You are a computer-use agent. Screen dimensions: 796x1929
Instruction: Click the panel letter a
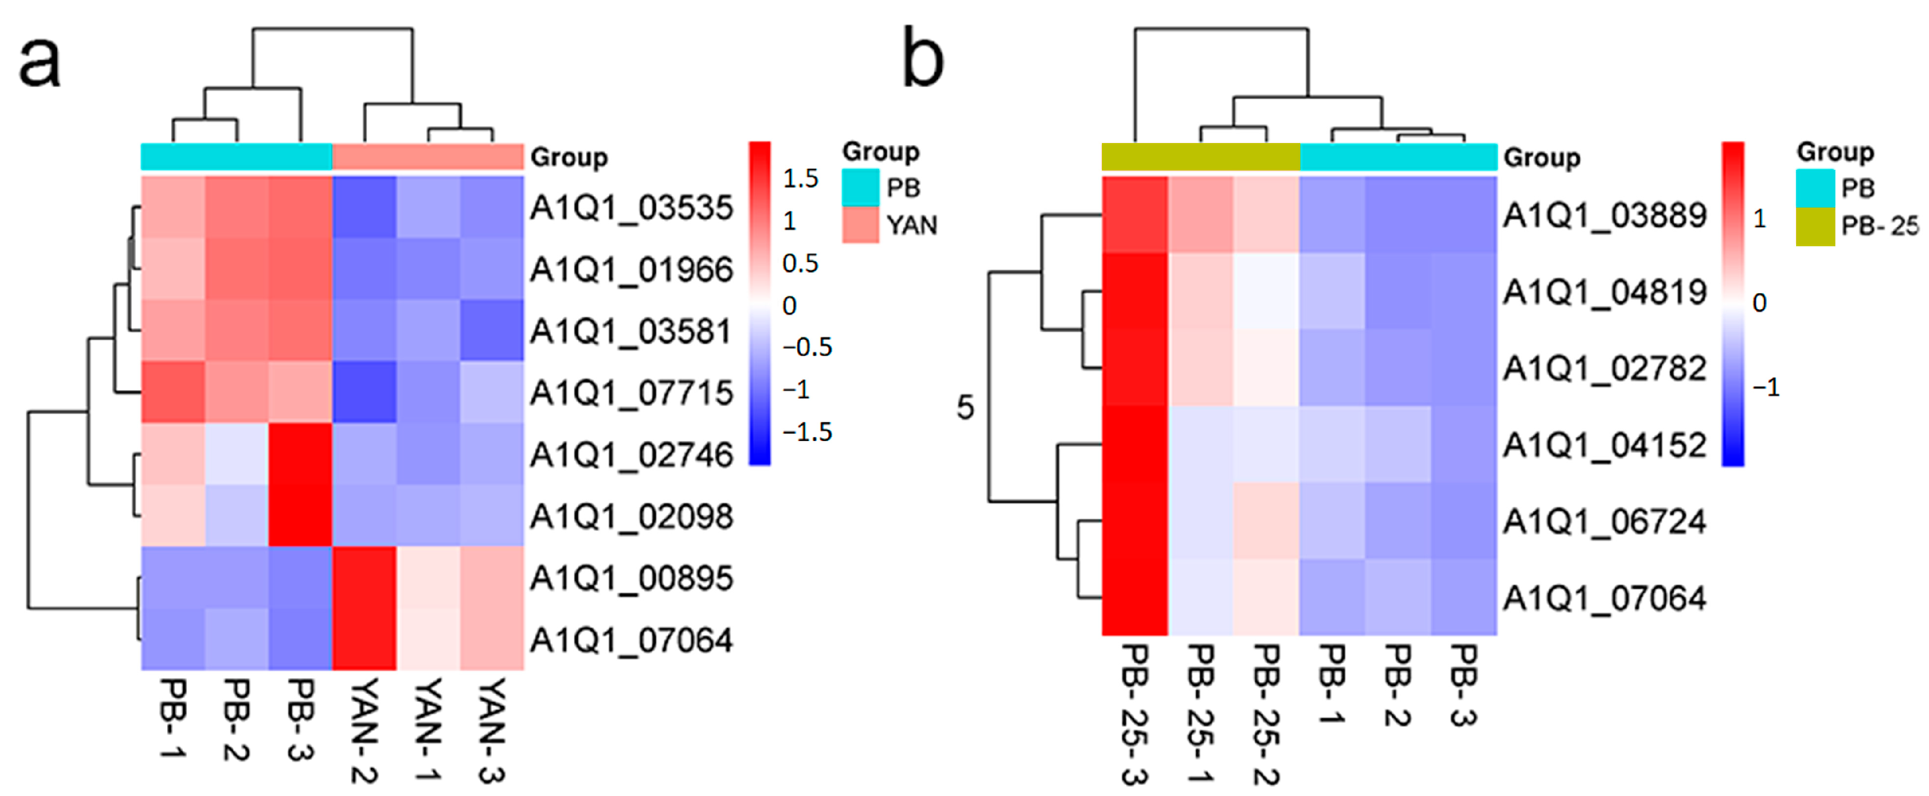[x=39, y=63]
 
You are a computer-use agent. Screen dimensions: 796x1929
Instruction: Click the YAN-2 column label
[x=364, y=730]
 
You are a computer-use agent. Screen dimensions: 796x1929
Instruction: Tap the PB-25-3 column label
[x=1134, y=715]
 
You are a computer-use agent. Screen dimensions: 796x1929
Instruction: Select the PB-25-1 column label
[x=1201, y=715]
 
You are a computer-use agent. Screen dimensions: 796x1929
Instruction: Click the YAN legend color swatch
[x=860, y=224]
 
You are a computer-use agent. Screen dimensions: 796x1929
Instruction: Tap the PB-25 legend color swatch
[x=1815, y=227]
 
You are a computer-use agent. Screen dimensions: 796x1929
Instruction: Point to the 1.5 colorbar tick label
[x=800, y=178]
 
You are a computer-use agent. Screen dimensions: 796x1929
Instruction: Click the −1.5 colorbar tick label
[x=806, y=432]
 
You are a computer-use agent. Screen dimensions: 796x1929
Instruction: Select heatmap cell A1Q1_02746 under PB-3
[x=300, y=454]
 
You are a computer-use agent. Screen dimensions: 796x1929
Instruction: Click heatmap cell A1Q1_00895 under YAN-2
[x=364, y=577]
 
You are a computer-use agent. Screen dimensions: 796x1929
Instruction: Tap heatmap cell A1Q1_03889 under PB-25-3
[x=1134, y=215]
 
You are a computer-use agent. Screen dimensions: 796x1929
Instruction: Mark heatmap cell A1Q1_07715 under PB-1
[x=173, y=392]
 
